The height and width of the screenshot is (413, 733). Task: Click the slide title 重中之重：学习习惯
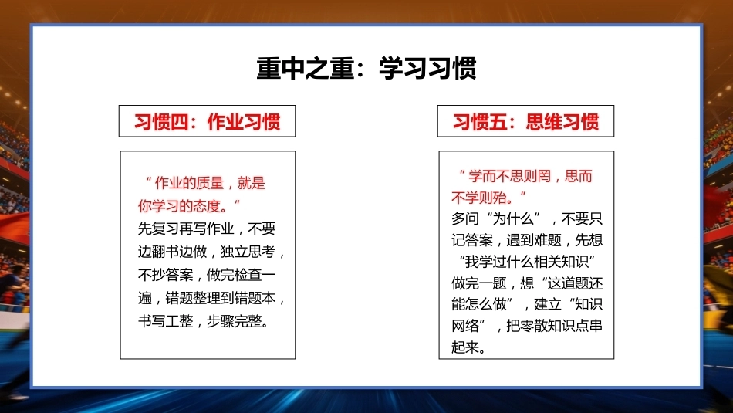pos(366,68)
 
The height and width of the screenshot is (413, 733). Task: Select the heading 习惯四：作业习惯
pos(207,122)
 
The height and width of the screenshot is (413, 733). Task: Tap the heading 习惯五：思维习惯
pos(525,122)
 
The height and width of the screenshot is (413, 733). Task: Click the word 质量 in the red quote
pos(210,183)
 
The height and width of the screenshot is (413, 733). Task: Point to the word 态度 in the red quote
pos(207,206)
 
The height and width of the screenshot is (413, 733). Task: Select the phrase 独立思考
pos(248,252)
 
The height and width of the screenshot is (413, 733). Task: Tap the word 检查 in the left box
pos(248,275)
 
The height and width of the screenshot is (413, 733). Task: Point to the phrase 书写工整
pos(165,321)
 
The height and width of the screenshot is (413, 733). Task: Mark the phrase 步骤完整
pos(235,321)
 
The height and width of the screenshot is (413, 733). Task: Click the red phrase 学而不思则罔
pos(509,176)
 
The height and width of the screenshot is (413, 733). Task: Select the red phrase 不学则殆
pos(478,198)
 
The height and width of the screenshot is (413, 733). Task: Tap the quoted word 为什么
pos(513,218)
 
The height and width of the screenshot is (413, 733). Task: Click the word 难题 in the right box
pos(547,240)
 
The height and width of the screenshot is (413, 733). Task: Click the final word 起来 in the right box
pos(465,347)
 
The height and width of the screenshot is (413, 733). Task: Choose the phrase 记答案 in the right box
pos(472,240)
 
